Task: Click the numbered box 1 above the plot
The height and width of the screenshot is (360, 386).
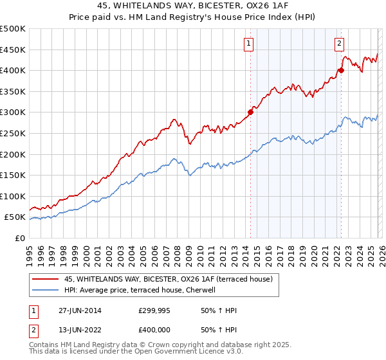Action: [x=248, y=44]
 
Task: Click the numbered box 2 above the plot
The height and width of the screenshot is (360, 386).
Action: [x=338, y=44]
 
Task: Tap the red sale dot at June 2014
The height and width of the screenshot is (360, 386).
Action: [x=250, y=112]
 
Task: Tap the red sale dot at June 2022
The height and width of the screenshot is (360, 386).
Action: [x=341, y=70]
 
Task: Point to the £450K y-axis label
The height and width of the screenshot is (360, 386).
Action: [x=13, y=50]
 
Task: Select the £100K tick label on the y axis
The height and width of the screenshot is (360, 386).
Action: [x=13, y=196]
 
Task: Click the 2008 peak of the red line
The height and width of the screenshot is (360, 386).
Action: [x=174, y=119]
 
